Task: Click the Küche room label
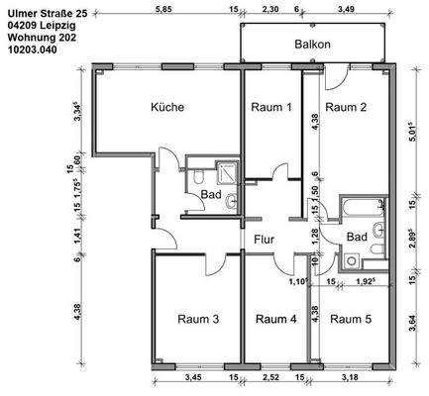tap(167, 107)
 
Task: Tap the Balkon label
tap(312, 45)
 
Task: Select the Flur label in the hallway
tap(265, 240)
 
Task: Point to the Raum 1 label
tap(271, 107)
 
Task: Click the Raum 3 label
tap(198, 319)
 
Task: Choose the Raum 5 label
tap(351, 319)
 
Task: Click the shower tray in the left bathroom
tap(227, 172)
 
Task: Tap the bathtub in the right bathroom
tap(364, 207)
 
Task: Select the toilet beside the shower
tap(198, 176)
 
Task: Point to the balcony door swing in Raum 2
tap(335, 78)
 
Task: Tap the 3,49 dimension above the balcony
tap(346, 9)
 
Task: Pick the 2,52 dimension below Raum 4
tap(270, 377)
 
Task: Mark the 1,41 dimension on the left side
tap(77, 237)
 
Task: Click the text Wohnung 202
tap(42, 38)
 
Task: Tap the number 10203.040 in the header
tap(32, 49)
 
